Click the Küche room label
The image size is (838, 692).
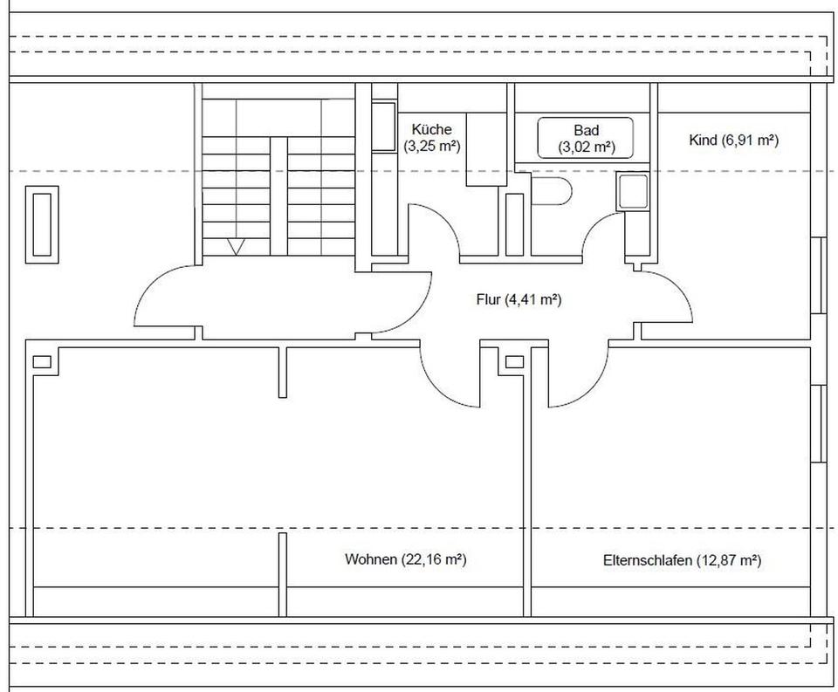tap(431, 138)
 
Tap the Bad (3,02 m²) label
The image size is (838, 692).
tap(587, 139)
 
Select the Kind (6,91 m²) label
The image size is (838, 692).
tap(733, 140)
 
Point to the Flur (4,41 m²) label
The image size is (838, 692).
tap(519, 299)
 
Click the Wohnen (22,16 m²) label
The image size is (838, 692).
tap(406, 559)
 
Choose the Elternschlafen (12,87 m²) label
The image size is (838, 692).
tap(683, 560)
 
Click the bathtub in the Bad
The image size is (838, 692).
tap(585, 138)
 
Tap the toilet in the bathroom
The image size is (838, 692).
tap(552, 190)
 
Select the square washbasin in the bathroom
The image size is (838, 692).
tap(632, 192)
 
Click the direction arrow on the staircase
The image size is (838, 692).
tap(237, 246)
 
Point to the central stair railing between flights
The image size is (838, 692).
tap(278, 196)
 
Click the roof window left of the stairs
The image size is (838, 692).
tap(42, 224)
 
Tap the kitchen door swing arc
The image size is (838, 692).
tap(434, 230)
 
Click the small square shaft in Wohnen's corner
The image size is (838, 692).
tap(42, 362)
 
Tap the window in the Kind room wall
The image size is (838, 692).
tap(817, 275)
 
